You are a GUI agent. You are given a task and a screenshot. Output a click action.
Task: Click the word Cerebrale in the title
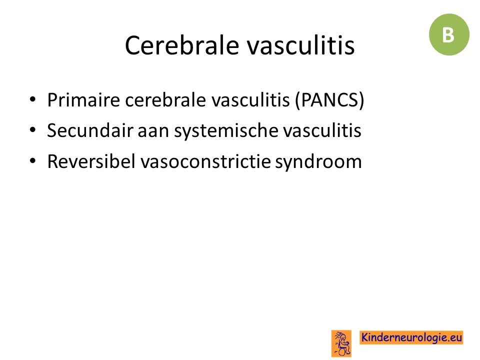[x=182, y=45]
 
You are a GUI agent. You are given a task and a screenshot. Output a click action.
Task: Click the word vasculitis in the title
[x=300, y=45]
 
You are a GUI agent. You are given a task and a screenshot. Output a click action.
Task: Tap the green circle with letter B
[x=449, y=34]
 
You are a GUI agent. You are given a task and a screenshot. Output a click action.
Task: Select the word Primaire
[x=83, y=100]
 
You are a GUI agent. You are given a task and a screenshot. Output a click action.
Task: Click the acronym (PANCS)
[x=329, y=100]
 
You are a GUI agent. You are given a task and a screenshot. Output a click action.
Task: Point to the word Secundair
[x=90, y=130]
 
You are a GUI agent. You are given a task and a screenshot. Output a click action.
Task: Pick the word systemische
[x=226, y=131]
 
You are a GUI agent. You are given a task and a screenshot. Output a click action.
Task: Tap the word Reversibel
[x=91, y=161]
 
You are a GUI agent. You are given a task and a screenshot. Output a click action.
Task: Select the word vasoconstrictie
[x=205, y=161]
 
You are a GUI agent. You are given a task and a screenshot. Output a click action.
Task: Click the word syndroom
[x=318, y=162]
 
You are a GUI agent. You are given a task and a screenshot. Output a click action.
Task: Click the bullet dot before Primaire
[x=32, y=99]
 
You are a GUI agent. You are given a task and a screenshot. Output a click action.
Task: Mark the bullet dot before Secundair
[x=32, y=130]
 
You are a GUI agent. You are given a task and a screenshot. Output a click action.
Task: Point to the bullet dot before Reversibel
[x=32, y=160]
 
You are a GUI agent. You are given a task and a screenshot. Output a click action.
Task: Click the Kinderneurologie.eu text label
[x=411, y=337]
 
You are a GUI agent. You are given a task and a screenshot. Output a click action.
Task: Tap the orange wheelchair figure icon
[x=341, y=343]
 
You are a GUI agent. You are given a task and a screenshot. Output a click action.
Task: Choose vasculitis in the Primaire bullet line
[x=250, y=100]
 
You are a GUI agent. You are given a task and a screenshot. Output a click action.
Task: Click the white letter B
[x=448, y=35]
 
